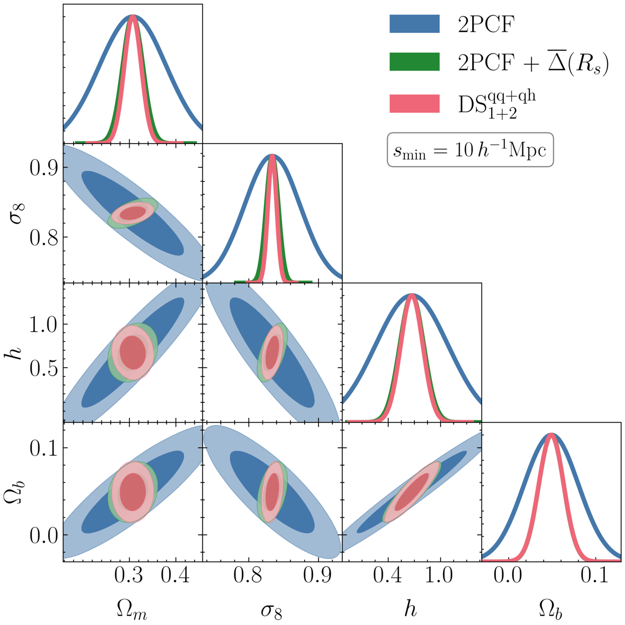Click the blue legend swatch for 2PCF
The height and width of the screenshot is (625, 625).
click(x=414, y=24)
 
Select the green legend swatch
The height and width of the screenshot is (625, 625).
click(x=414, y=62)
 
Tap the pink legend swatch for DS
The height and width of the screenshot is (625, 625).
click(x=414, y=103)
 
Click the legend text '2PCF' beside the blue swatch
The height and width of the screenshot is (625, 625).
click(x=486, y=24)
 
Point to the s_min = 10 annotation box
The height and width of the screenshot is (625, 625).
click(x=470, y=150)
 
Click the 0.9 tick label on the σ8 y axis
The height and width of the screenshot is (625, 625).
click(x=44, y=168)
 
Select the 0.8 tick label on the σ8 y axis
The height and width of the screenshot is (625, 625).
click(x=44, y=237)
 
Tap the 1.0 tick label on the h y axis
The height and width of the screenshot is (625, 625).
click(x=44, y=325)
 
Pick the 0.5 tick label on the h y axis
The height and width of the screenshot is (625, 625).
click(x=44, y=368)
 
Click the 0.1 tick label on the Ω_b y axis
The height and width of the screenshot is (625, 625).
click(x=44, y=448)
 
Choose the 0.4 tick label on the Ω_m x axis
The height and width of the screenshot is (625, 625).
click(x=175, y=575)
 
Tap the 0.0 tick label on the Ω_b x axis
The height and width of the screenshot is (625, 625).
click(x=507, y=575)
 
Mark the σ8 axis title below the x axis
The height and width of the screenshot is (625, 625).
click(x=271, y=610)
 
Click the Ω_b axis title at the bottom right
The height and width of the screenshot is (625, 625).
click(x=551, y=609)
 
